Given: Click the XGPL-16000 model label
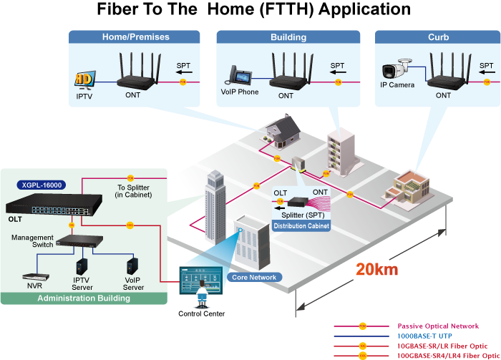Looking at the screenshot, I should [42, 185].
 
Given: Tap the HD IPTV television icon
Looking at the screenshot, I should [84, 79].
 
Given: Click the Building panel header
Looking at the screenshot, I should [288, 37].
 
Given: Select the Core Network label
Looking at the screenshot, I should [254, 277].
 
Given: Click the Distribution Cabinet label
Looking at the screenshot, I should [301, 226].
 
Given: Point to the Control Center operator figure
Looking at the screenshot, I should [203, 293].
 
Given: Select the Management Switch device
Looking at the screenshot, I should [84, 241].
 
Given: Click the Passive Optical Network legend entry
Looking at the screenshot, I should [438, 326].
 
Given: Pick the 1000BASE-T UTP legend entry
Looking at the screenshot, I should [424, 336].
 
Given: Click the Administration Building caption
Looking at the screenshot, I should [83, 298].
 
